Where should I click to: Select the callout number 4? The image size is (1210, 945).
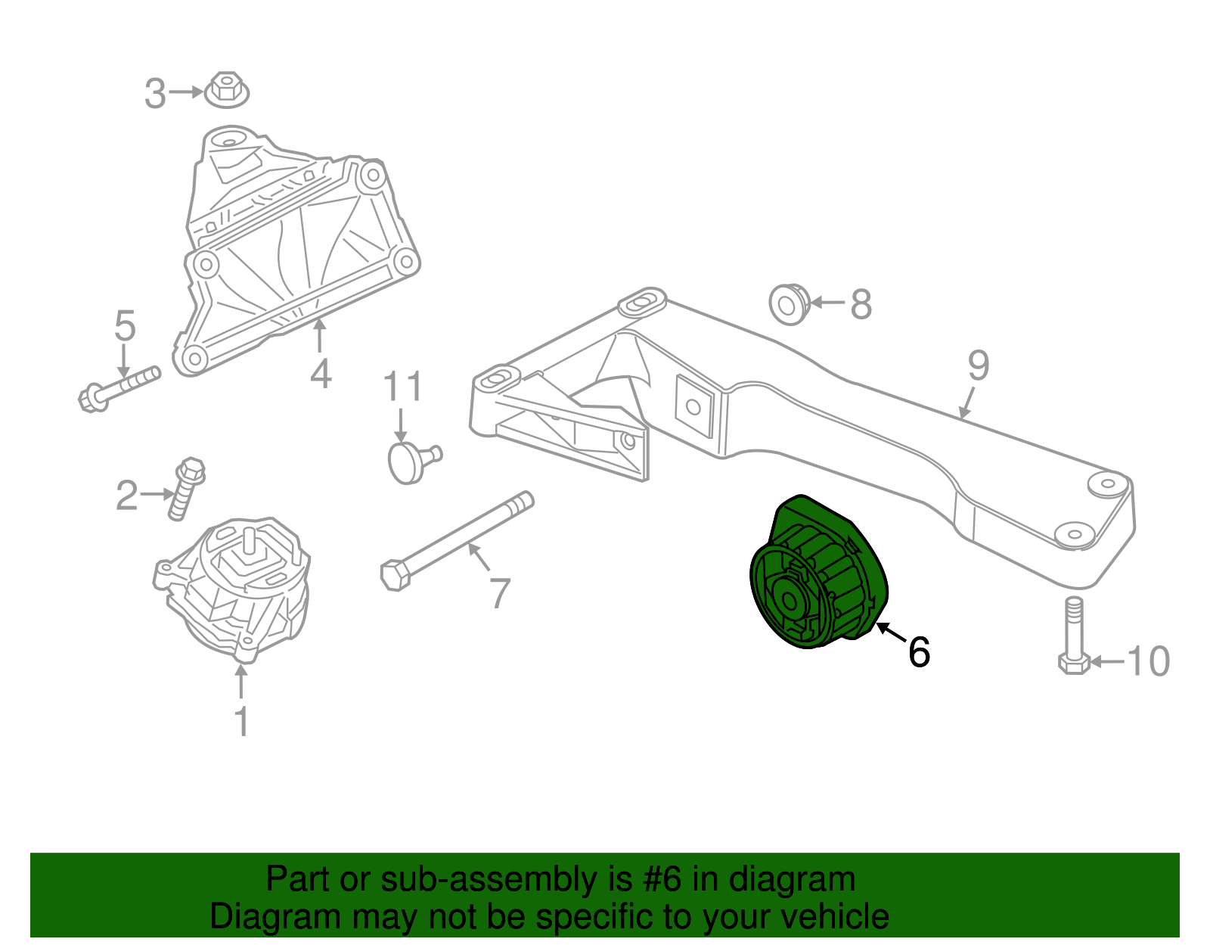click(321, 374)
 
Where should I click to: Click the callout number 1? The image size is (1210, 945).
click(241, 722)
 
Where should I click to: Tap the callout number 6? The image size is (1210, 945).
click(919, 651)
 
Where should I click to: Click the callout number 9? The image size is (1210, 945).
click(978, 365)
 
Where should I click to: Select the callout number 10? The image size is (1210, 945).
click(1149, 661)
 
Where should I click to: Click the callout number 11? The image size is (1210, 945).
click(402, 387)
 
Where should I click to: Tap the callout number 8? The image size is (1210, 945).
click(861, 304)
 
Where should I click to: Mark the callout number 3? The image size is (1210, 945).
click(155, 94)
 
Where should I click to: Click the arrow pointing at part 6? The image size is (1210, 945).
click(891, 633)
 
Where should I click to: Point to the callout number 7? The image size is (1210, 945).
click(500, 593)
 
